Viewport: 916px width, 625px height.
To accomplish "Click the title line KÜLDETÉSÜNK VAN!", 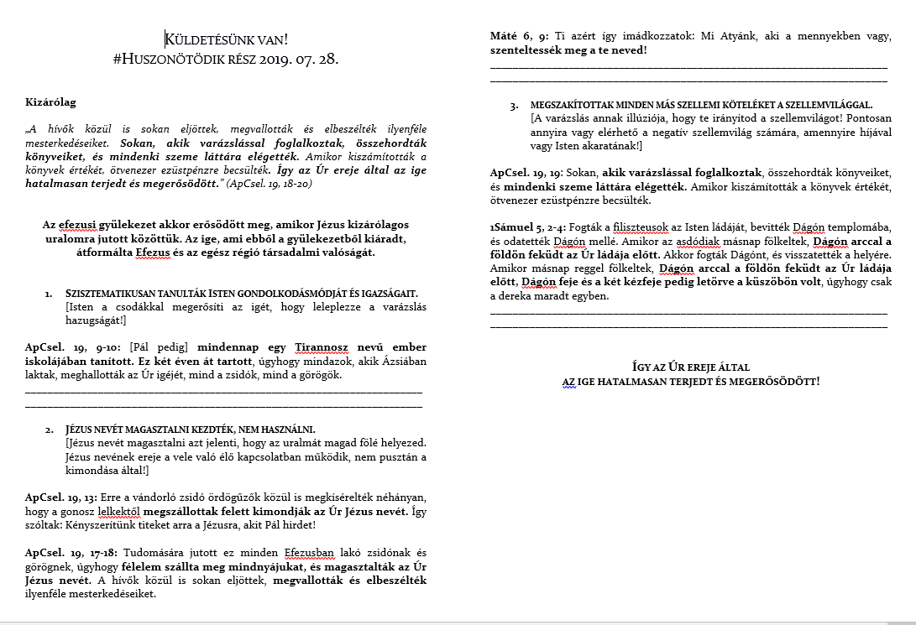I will [227, 39].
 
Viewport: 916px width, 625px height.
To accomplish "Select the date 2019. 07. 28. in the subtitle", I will [297, 60].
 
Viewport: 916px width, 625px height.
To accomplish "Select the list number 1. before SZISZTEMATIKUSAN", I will [49, 294].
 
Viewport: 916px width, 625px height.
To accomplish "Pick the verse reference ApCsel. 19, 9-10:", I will [74, 347].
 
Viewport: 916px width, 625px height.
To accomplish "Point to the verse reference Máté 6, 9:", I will [519, 37].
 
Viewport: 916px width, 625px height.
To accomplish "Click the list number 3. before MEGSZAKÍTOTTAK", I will [513, 106].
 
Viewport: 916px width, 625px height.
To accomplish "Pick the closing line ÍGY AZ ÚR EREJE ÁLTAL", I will [690, 367].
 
